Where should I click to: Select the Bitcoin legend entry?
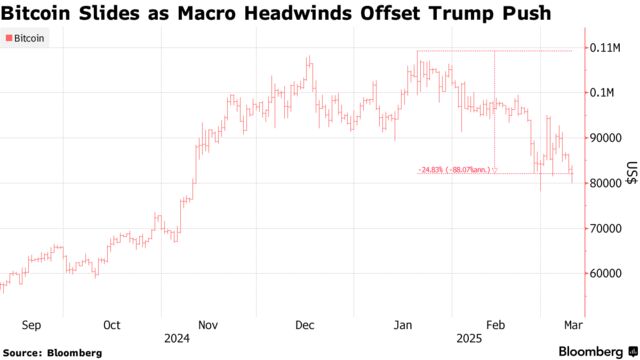coord(27,40)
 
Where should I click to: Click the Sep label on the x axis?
coord(30,325)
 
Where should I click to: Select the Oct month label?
coord(111,325)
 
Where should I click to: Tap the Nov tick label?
coord(208,325)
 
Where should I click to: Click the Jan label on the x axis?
coord(403,325)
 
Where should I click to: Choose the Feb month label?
coord(495,325)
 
